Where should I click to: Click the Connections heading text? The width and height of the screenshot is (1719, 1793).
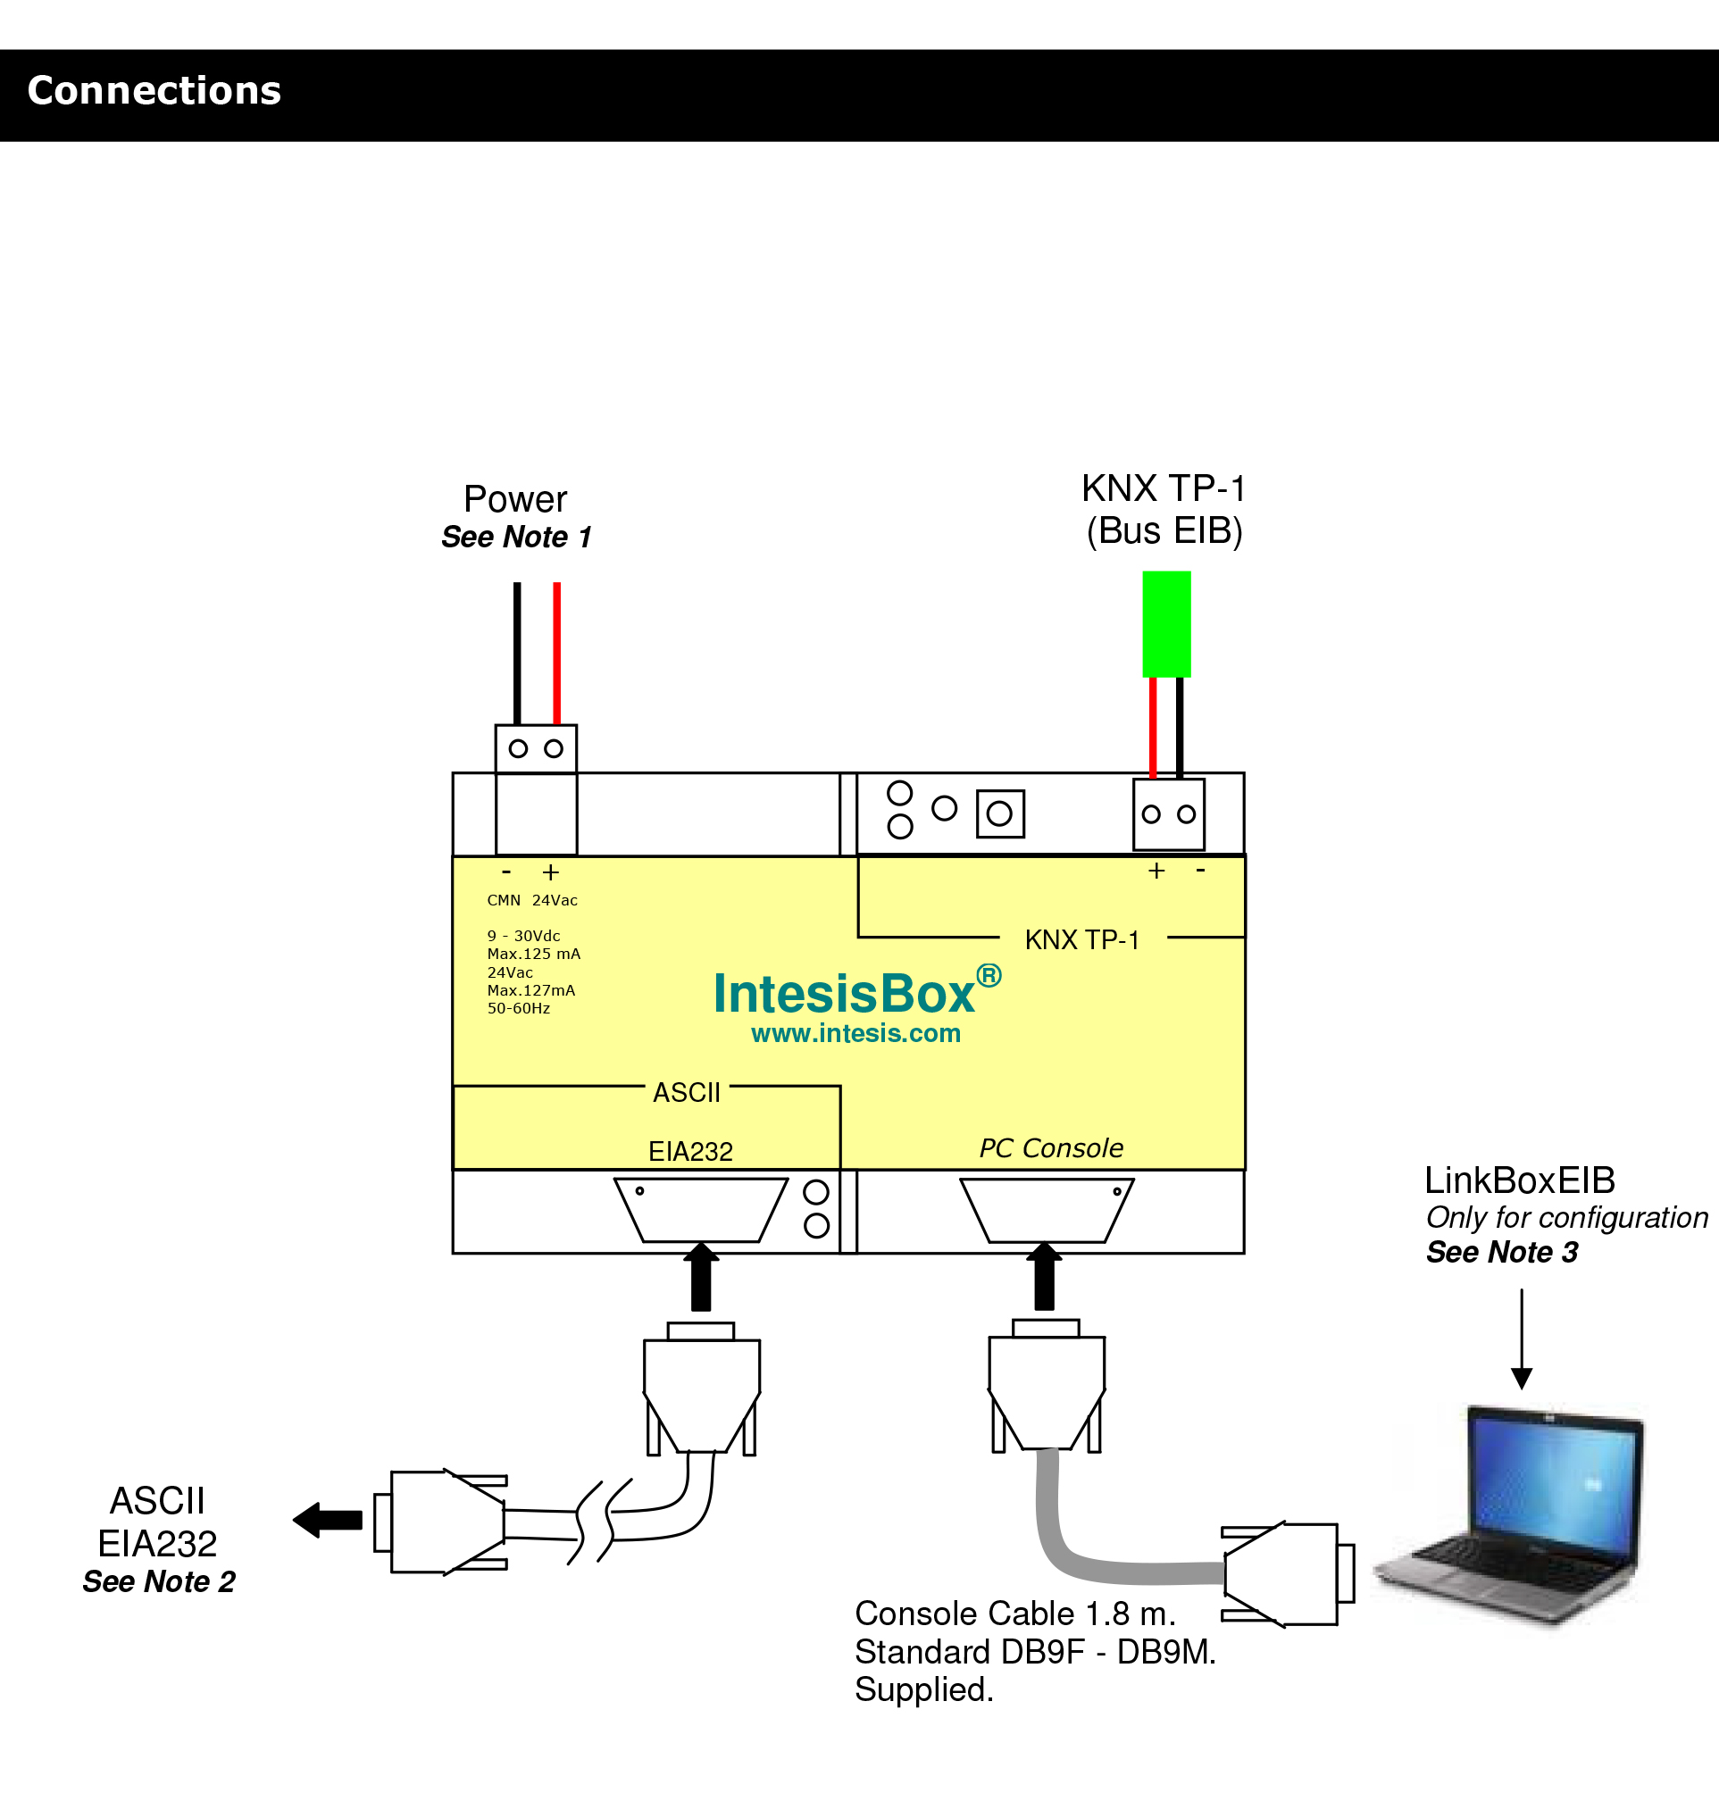point(154,90)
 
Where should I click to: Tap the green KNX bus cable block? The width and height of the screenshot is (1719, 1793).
point(1166,624)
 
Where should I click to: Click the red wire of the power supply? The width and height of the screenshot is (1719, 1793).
point(556,653)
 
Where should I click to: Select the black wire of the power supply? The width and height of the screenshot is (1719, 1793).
point(517,653)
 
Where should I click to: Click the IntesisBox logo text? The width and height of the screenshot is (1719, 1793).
point(844,994)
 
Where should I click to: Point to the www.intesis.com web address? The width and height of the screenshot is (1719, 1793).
point(855,1034)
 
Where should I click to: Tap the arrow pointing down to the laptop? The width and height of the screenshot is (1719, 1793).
point(1522,1340)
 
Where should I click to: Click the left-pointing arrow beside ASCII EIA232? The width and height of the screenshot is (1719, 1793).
point(328,1521)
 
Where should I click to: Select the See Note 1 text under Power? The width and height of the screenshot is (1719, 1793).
point(516,537)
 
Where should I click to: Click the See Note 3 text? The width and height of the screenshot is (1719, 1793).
point(1502,1252)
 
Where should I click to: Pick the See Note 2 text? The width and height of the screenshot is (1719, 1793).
point(159,1581)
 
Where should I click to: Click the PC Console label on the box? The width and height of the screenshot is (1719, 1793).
point(1051,1148)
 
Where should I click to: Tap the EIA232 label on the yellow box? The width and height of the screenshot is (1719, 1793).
point(690,1152)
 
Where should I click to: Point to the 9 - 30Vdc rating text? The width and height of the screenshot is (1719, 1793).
point(523,936)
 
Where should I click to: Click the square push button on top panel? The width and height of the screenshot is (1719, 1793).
point(1000,813)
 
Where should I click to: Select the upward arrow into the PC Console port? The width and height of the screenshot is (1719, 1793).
point(1044,1277)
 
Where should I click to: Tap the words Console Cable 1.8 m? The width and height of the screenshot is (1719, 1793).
point(1014,1614)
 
